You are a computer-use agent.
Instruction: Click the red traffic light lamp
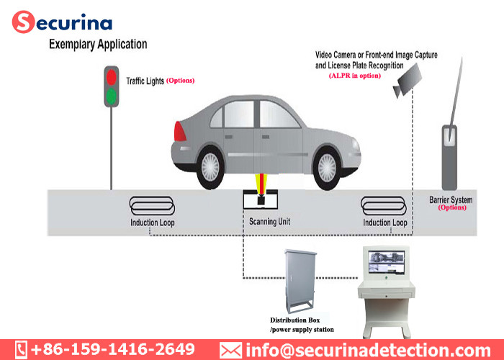[x=111, y=76]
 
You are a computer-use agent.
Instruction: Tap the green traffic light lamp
[x=111, y=96]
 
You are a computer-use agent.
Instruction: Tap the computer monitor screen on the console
[x=389, y=261]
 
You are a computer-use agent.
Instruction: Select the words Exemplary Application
[x=98, y=45]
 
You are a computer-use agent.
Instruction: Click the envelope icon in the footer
[x=230, y=349]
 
